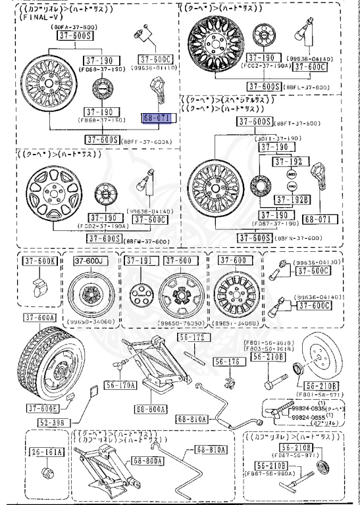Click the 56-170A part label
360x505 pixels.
pyautogui.click(x=122, y=385)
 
